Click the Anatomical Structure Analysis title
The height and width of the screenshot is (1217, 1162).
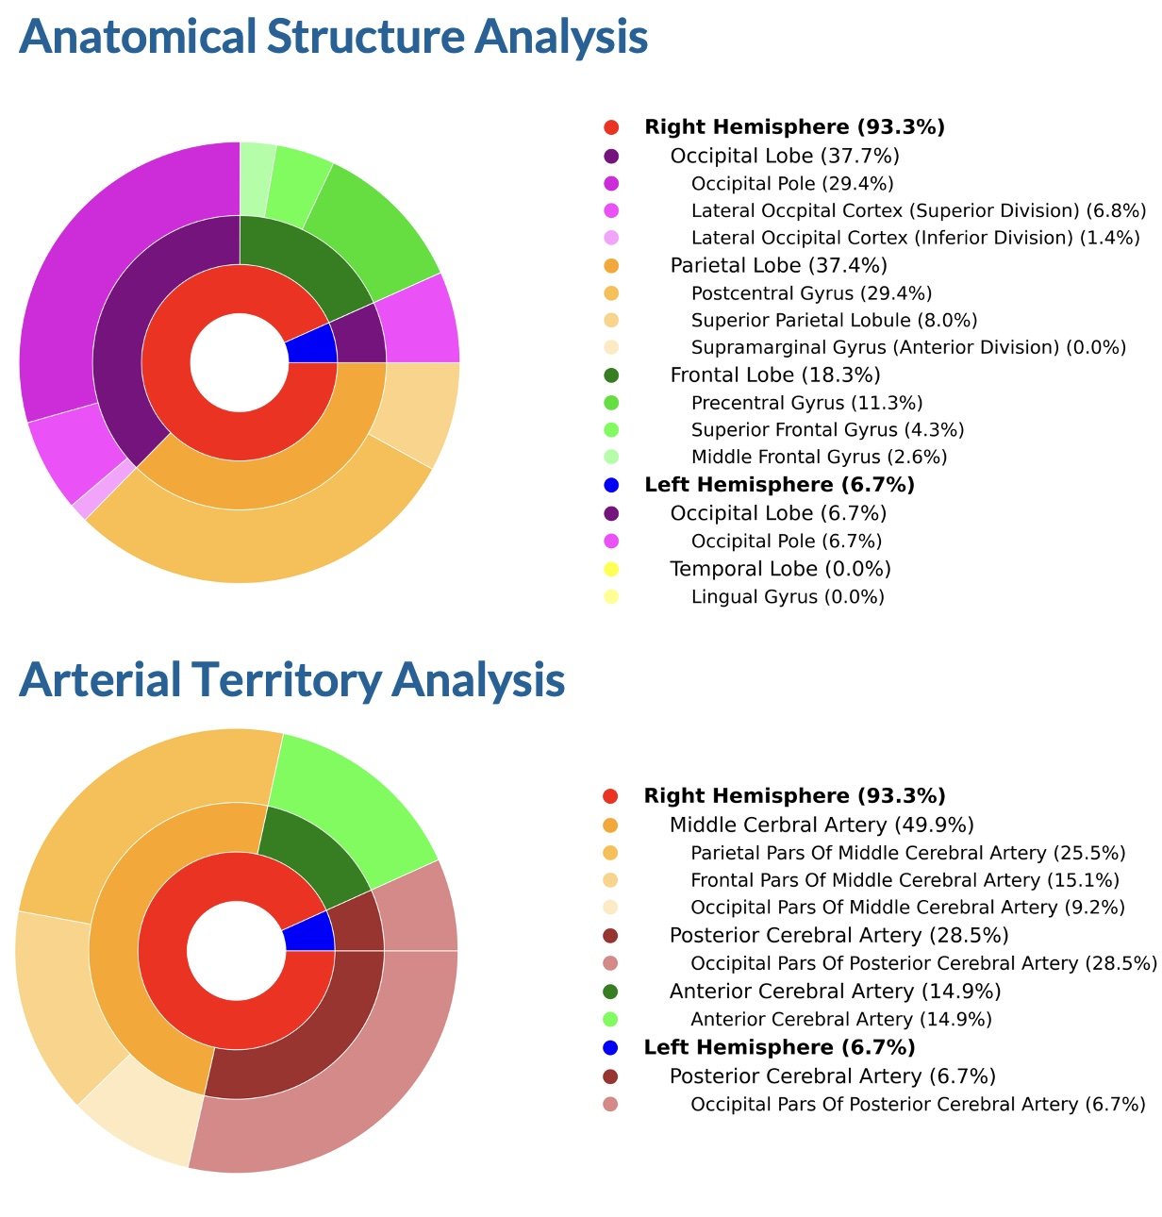tap(333, 38)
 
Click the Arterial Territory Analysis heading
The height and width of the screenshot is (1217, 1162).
tap(291, 679)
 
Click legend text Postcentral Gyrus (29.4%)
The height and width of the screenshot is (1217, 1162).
tap(811, 293)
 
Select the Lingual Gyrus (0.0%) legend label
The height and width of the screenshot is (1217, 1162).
tap(788, 596)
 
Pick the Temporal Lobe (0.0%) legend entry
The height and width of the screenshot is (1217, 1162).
tap(780, 569)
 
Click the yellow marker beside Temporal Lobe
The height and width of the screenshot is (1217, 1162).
tap(611, 569)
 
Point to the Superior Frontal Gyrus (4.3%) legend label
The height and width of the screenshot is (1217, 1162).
tap(827, 430)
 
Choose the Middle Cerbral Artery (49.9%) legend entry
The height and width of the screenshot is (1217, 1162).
tap(822, 825)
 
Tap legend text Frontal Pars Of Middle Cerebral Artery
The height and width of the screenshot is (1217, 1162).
tap(905, 880)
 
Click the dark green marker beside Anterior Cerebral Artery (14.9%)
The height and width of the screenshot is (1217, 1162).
tap(610, 992)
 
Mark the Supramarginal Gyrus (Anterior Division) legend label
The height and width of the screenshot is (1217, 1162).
tap(908, 347)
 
